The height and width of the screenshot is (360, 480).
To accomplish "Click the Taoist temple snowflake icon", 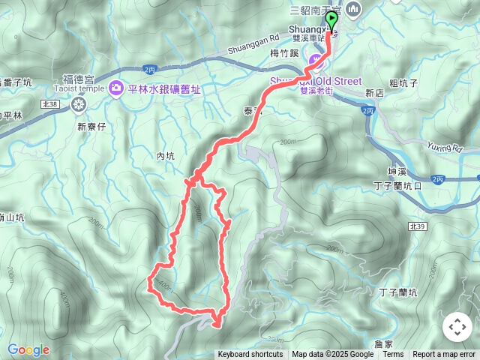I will pyautogui.click(x=78, y=105).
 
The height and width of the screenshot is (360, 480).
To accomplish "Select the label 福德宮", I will pyautogui.click(x=78, y=78).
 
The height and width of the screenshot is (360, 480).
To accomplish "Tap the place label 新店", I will pyautogui.click(x=374, y=92).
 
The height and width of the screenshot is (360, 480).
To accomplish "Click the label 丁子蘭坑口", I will pyautogui.click(x=397, y=185).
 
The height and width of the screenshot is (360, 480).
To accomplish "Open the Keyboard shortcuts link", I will pyautogui.click(x=250, y=355).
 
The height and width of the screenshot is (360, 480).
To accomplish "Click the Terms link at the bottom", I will pyautogui.click(x=393, y=355).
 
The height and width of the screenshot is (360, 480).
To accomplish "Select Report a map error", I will pyautogui.click(x=445, y=355).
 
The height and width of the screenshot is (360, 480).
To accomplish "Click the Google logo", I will pyautogui.click(x=28, y=349).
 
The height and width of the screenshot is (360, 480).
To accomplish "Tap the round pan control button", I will pyautogui.click(x=457, y=327).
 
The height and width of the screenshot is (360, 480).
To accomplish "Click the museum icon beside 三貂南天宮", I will pyautogui.click(x=355, y=10).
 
